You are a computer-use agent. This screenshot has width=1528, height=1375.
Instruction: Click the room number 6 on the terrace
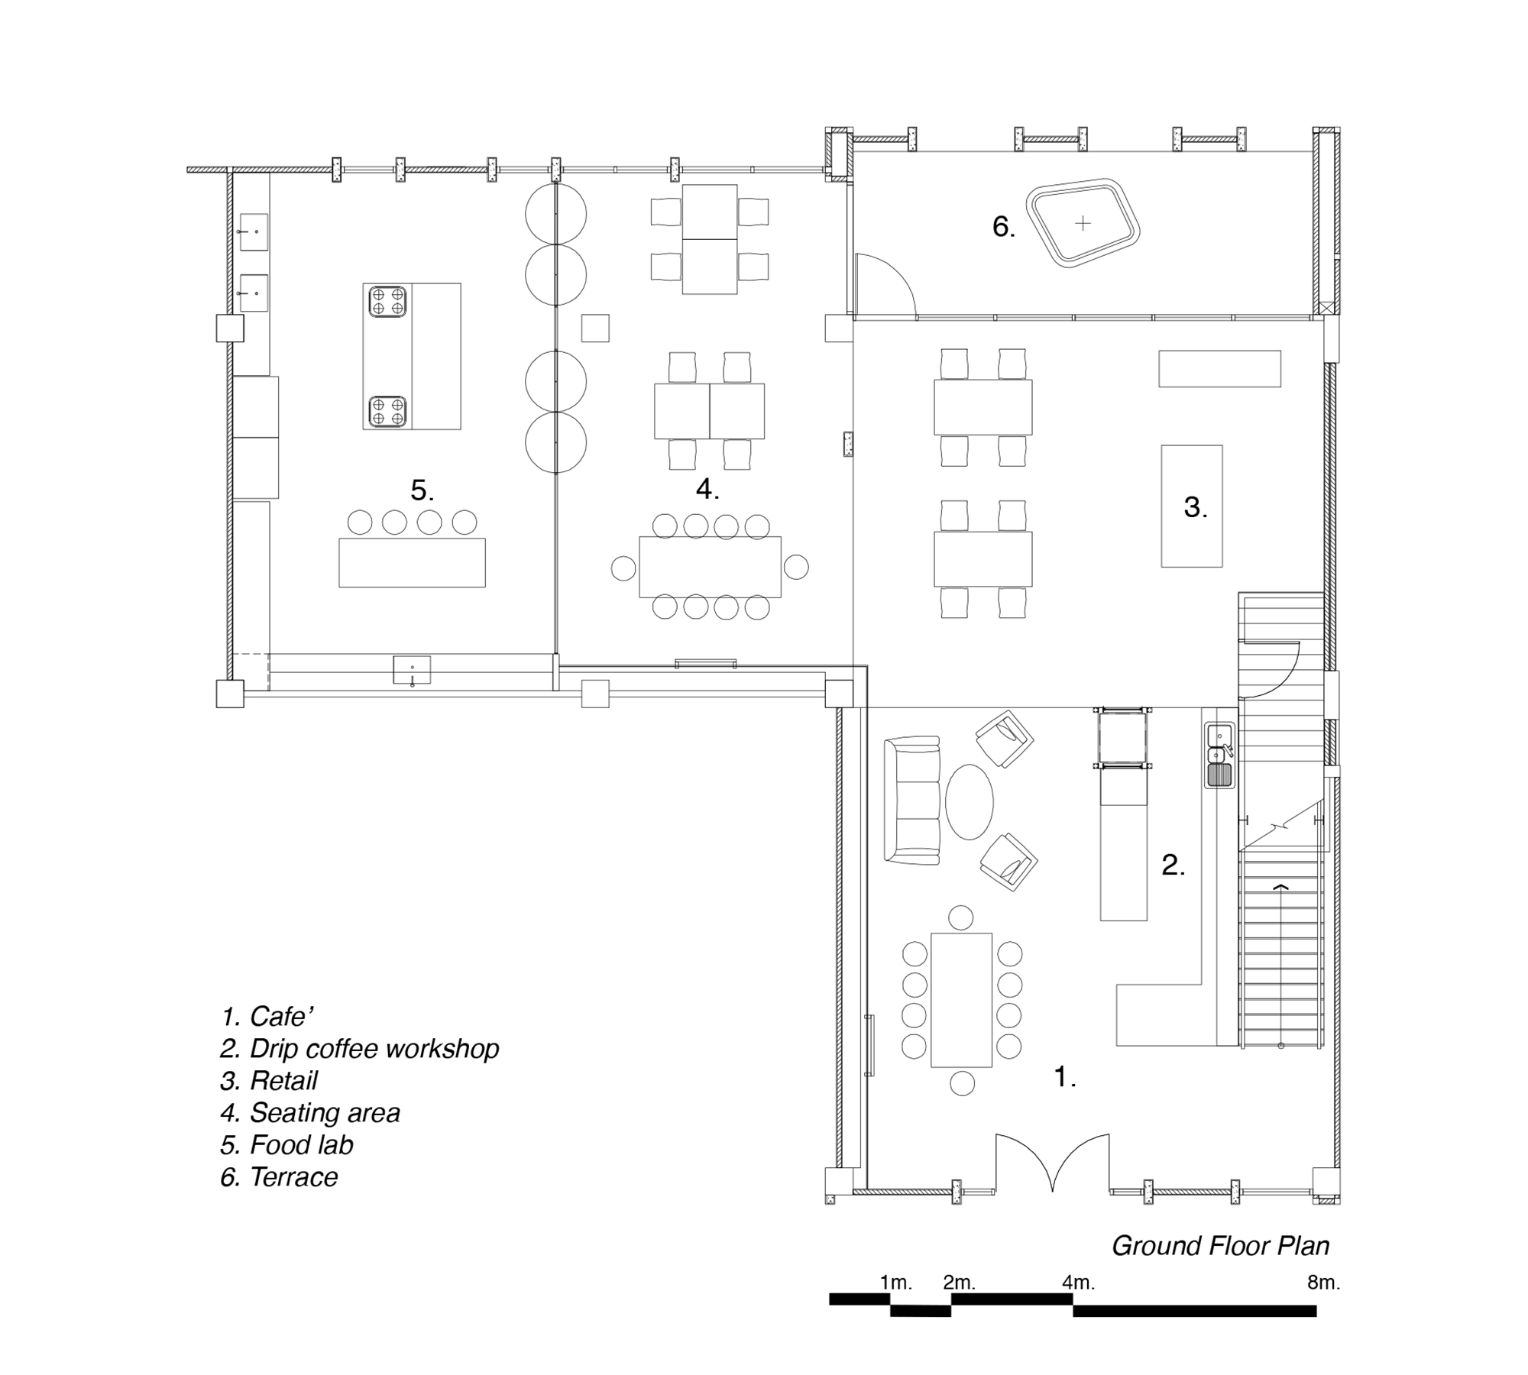[1003, 227]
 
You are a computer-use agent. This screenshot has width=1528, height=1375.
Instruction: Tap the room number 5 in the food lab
[422, 490]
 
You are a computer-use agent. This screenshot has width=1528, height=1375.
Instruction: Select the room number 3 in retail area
[1195, 507]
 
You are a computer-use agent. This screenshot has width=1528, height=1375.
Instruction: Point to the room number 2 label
[1173, 865]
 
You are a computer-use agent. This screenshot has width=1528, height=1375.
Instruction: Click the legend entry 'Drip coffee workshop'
[359, 1049]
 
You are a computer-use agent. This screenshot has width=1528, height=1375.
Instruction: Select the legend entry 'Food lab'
[287, 1145]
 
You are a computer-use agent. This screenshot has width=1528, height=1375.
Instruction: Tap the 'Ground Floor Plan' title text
[1220, 1246]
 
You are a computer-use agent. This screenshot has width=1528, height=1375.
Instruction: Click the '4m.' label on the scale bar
[1078, 1283]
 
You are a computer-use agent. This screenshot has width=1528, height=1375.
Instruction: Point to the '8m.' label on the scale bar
[1323, 1283]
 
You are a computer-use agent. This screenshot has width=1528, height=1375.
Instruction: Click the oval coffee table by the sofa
[969, 802]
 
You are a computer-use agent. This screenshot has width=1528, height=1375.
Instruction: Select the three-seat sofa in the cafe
[911, 801]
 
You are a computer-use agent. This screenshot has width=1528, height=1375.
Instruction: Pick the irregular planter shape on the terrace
[1083, 223]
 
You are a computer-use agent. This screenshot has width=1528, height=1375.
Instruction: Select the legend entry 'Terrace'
[279, 1177]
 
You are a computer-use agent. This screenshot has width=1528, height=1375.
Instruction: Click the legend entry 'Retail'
[269, 1081]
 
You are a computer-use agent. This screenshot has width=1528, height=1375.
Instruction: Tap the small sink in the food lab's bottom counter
[412, 671]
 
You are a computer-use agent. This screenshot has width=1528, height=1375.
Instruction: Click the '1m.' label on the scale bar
[895, 1283]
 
